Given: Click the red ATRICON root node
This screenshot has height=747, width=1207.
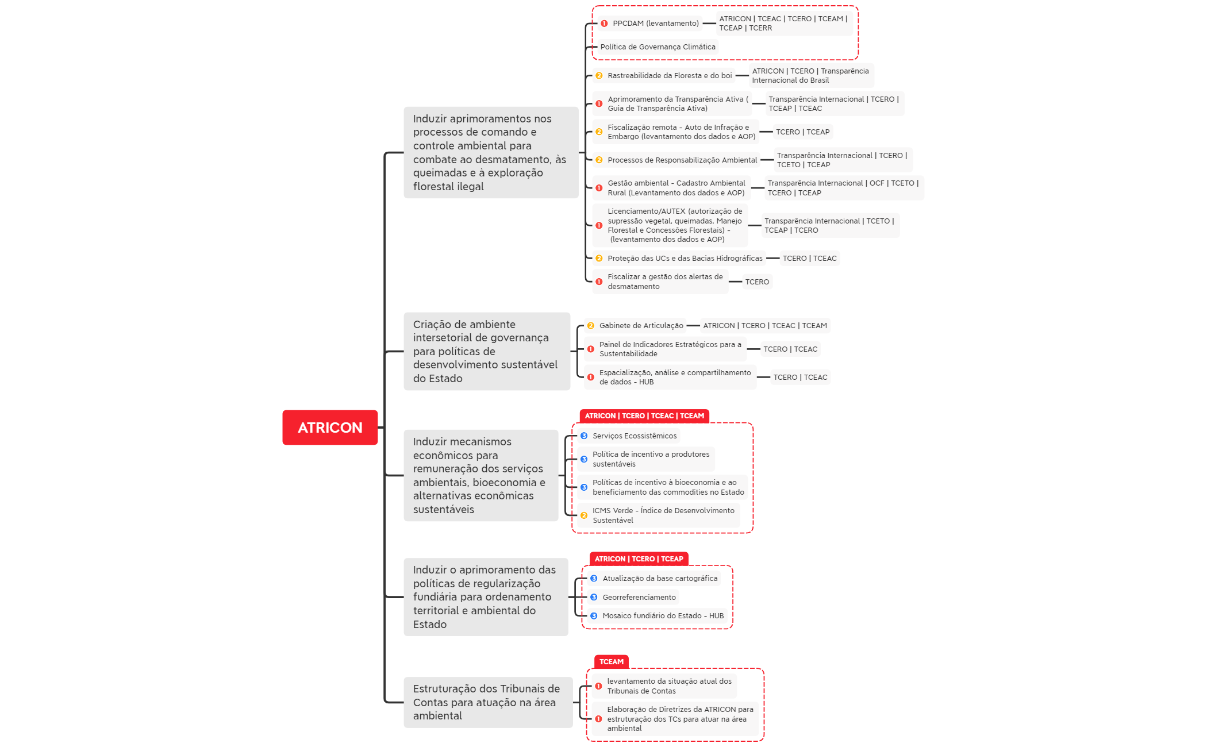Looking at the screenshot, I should pos(330,428).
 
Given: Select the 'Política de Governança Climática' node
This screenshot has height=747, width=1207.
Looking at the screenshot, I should pos(658,47).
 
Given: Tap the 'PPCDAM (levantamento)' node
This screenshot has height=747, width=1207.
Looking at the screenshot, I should pos(655,24).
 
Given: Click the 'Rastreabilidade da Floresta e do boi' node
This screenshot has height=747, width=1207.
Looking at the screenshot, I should pos(670,76).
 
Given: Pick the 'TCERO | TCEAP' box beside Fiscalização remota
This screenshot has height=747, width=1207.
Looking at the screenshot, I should pos(802,132).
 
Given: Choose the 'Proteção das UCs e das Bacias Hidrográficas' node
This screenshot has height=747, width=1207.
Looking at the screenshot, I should pos(685,259).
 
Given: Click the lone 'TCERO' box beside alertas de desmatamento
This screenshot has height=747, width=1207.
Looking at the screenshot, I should pos(757,282).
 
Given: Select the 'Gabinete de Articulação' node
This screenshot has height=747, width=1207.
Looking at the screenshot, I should pos(641,326).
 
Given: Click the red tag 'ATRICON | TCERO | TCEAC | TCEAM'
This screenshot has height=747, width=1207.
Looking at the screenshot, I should pos(644,416).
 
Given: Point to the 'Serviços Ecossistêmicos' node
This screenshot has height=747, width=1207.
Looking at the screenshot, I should pos(635,436).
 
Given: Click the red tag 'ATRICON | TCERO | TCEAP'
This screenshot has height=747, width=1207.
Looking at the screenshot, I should pos(639,559).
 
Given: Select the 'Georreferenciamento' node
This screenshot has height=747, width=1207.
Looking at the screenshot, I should pos(639,598).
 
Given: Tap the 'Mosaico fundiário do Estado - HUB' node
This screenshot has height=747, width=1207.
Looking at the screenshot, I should pos(663,616).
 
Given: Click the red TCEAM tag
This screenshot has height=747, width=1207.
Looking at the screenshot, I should pos(611,662).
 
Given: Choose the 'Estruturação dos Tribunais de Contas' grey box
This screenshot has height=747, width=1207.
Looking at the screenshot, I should pos(487,702).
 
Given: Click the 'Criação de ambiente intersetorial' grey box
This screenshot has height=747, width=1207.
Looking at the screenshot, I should pos(486,351).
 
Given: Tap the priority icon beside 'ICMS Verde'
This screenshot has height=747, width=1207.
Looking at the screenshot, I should pos(584,515).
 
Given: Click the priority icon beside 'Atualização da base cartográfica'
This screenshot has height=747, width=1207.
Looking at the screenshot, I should pos(594,579).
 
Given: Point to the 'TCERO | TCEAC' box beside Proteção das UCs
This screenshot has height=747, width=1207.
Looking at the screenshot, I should pos(809,259).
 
